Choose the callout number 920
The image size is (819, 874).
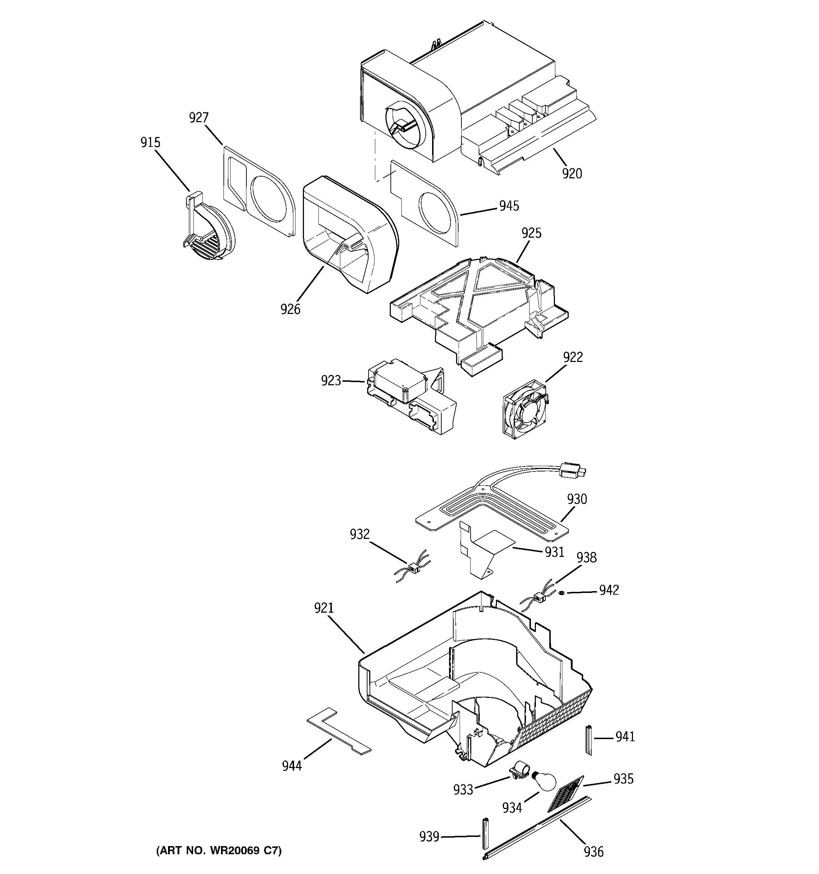pyautogui.click(x=572, y=174)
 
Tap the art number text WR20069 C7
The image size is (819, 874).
pyautogui.click(x=219, y=850)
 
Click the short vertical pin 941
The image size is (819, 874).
pyautogui.click(x=588, y=741)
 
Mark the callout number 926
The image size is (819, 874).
pyautogui.click(x=290, y=309)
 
